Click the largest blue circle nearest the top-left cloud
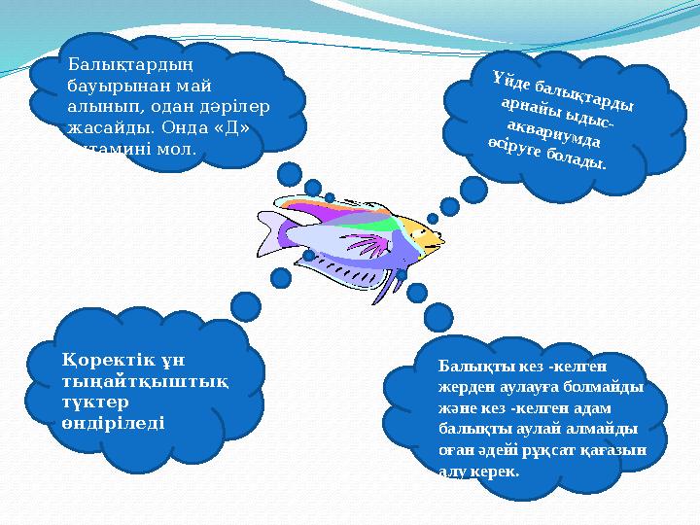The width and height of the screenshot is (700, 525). click(290, 174)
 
